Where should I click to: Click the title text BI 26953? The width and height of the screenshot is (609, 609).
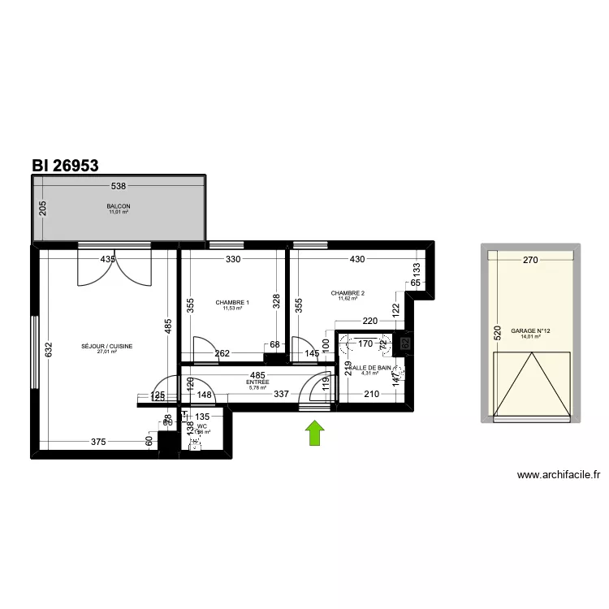65,165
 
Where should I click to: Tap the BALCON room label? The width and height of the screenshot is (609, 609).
119,206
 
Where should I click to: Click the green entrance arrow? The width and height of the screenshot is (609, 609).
315,433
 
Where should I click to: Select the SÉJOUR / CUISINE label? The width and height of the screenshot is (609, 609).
107,346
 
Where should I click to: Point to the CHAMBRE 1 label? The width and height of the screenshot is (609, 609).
232,303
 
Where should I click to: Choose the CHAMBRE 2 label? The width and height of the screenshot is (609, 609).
348,293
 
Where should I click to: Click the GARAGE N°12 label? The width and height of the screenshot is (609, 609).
531,330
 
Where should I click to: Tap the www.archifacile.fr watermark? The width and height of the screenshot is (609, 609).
558,477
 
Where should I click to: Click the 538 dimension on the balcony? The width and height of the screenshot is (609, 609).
119,187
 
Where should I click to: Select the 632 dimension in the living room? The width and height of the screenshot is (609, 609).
48,350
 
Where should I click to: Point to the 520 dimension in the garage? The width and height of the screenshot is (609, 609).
496,333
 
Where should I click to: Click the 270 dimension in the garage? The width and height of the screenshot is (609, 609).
530,261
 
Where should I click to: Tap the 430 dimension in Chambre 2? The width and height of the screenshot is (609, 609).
358,260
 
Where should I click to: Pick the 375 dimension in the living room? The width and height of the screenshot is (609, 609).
98,442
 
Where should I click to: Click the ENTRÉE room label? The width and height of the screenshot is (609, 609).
257,381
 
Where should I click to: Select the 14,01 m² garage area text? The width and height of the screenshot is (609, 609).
531,337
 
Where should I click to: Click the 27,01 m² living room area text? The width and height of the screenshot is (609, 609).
107,352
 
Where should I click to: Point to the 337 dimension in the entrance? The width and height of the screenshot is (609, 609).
282,395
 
